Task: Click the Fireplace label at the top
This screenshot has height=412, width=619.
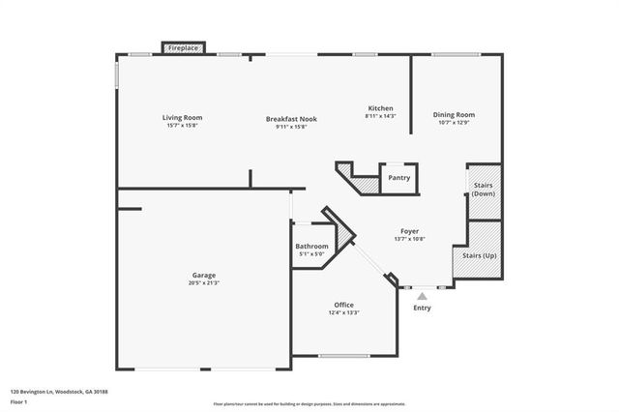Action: tap(183, 47)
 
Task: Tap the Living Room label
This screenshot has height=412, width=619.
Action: tap(182, 118)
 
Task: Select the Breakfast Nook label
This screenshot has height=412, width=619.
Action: tap(291, 119)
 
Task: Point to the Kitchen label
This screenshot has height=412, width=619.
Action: tap(381, 107)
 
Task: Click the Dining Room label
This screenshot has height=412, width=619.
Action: tap(454, 114)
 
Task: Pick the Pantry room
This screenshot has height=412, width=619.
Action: tap(398, 178)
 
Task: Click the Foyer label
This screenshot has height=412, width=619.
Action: tap(410, 231)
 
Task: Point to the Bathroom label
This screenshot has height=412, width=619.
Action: tap(311, 247)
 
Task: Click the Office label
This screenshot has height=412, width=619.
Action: tap(344, 304)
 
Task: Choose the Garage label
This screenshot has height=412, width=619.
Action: tap(203, 275)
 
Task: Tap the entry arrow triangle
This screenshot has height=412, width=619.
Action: tap(422, 296)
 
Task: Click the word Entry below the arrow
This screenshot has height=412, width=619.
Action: tap(422, 309)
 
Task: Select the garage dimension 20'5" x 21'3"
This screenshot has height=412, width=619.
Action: tap(203, 282)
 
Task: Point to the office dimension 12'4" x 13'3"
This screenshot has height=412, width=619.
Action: tap(344, 311)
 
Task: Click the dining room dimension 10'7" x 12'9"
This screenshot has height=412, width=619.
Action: tap(454, 122)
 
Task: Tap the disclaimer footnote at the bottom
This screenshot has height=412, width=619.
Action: tap(309, 402)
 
